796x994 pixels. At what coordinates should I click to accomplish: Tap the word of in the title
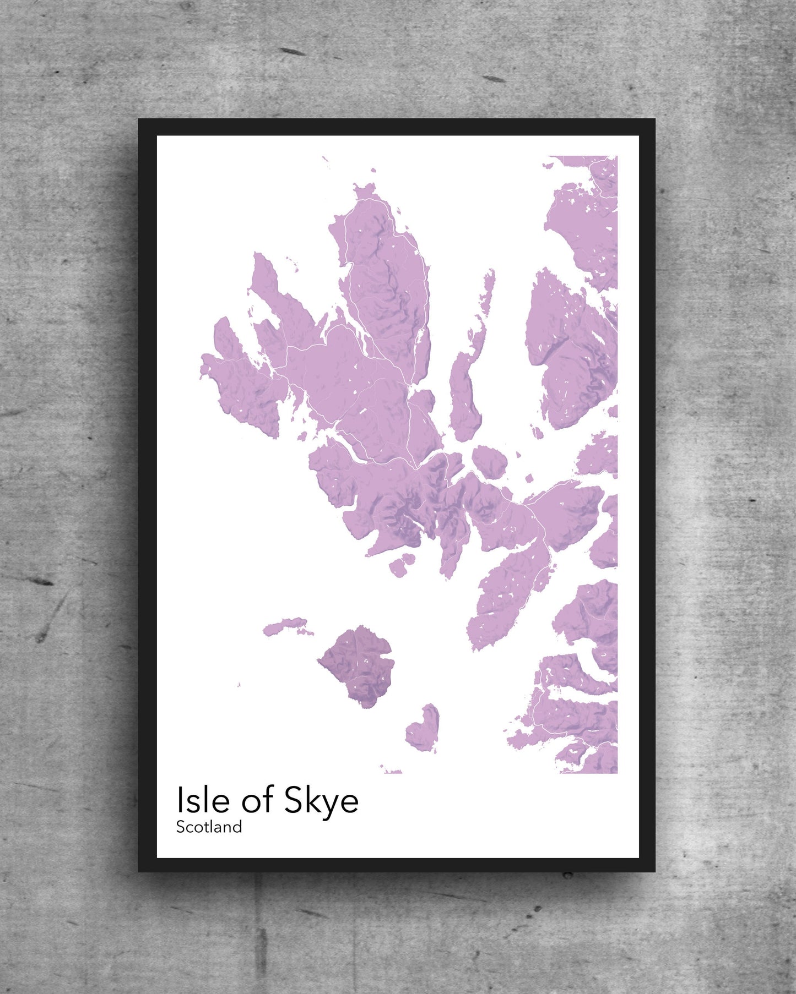coord(256,801)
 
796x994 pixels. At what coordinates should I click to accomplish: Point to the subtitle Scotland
coord(209,827)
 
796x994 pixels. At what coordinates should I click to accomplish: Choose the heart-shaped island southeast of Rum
coord(423,729)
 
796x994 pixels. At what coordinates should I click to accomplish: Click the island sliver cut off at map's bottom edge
coord(392,771)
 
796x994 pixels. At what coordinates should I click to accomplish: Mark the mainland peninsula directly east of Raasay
coord(567,352)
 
